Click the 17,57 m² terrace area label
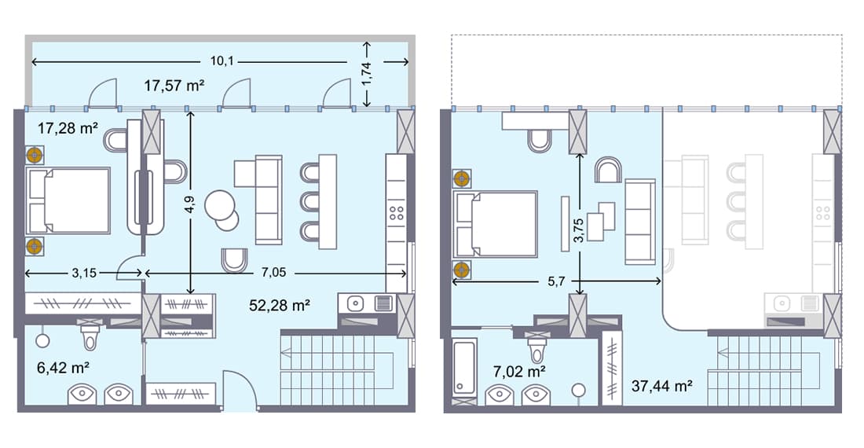click(174, 85)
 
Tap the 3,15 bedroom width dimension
click(84, 273)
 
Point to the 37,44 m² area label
click(661, 386)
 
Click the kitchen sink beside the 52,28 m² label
click(355, 303)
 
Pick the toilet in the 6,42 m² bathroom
click(90, 337)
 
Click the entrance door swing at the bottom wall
click(238, 391)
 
